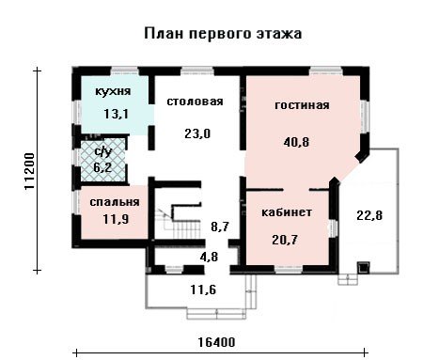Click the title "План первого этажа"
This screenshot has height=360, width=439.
[x=223, y=34]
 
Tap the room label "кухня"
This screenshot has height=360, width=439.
[x=113, y=91]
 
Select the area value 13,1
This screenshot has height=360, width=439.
[x=116, y=114]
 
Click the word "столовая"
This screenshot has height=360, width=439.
[x=195, y=102]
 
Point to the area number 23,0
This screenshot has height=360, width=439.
[x=197, y=134]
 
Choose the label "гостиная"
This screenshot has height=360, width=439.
[x=302, y=105]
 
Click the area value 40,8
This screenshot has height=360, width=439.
[x=296, y=142]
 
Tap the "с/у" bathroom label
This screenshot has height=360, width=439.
[x=103, y=152]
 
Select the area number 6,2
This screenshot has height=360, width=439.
[x=102, y=167]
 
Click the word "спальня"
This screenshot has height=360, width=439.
[x=115, y=202]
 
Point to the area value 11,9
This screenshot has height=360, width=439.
[x=116, y=219]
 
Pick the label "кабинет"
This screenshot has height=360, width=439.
[x=287, y=212]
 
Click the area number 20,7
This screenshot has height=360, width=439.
[x=285, y=241]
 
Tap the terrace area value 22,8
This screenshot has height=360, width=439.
[x=369, y=215]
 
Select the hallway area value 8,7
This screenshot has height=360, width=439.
[x=220, y=227]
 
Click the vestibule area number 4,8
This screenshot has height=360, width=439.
[x=209, y=257]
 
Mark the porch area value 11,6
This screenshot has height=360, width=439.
[x=203, y=290]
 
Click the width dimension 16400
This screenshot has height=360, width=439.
[x=216, y=342]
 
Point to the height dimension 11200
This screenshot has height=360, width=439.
[x=29, y=171]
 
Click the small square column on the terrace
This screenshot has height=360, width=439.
[x=364, y=268]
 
